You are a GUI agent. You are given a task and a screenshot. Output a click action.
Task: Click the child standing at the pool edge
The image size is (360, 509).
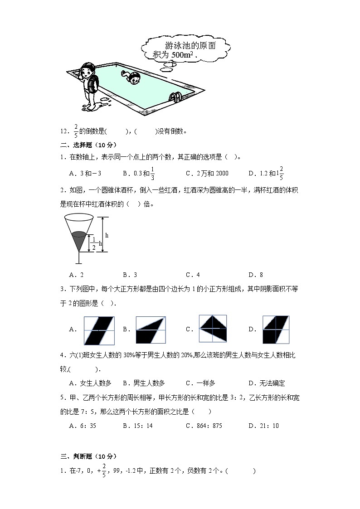click(89, 86)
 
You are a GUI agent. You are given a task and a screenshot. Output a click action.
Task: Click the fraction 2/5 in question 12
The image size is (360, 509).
click(75, 131)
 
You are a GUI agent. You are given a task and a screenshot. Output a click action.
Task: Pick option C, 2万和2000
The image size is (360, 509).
click(207, 173)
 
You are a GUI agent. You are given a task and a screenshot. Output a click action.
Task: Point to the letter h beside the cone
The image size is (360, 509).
click(107, 235)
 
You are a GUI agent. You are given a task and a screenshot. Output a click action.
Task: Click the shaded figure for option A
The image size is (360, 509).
click(99, 330)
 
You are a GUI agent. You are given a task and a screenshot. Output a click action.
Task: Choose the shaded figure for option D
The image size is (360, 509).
click(275, 330)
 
